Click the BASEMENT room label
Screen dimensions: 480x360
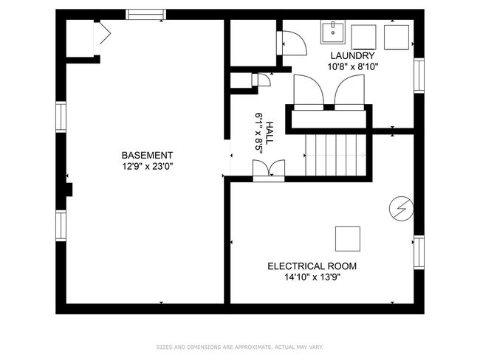(x=147, y=156)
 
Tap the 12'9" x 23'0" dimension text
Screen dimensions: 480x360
(x=148, y=167)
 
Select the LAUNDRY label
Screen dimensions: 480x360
(x=352, y=55)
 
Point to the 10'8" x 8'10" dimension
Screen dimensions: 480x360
(x=353, y=66)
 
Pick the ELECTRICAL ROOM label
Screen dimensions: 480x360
(x=312, y=266)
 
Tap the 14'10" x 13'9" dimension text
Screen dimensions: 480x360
(x=312, y=277)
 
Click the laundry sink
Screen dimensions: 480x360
(x=333, y=32)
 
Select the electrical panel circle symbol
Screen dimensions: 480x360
(x=401, y=209)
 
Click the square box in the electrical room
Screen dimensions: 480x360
(x=348, y=239)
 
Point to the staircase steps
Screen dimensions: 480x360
(x=336, y=155)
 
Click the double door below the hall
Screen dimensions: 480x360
(x=269, y=170)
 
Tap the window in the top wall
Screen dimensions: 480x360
(x=146, y=14)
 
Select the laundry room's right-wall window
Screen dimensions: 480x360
(x=419, y=75)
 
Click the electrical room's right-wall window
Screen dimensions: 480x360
(x=419, y=252)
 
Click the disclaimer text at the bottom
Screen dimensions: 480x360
(x=240, y=347)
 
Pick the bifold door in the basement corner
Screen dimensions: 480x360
(x=102, y=38)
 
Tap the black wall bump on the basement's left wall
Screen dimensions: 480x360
(x=69, y=190)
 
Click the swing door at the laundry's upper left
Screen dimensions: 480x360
(x=292, y=43)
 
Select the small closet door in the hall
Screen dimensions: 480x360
(x=261, y=80)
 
